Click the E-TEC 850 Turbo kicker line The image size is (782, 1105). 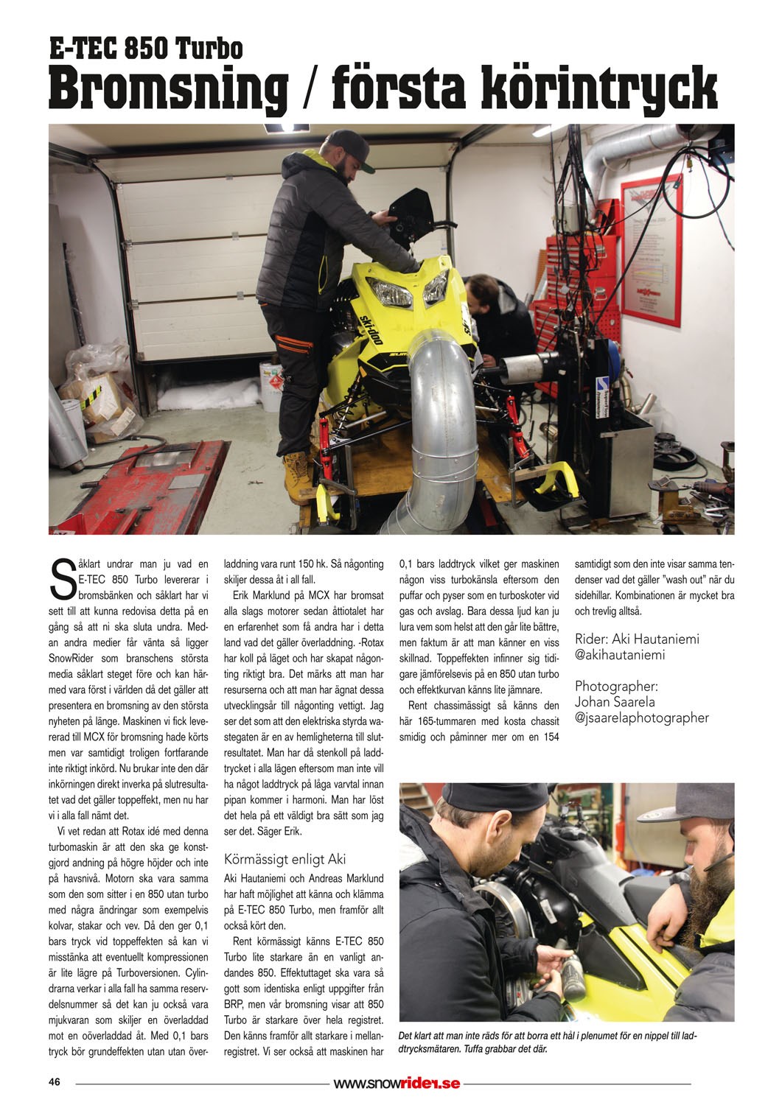(146, 49)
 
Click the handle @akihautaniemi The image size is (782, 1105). (620, 653)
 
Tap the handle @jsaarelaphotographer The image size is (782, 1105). (641, 718)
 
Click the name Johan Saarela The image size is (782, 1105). (616, 701)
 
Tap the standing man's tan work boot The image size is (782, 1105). (297, 469)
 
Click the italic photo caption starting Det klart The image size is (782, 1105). (545, 1041)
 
